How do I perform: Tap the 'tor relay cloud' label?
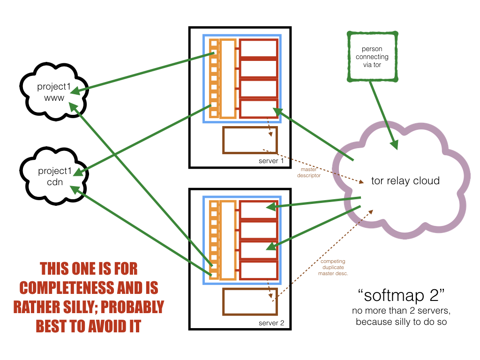point(405,180)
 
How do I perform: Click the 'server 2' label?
point(271,323)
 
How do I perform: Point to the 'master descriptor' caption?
point(309,173)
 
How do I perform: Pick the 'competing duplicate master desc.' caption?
point(333,267)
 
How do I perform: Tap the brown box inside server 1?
point(250,140)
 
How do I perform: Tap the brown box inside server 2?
point(250,301)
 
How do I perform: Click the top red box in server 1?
point(258,49)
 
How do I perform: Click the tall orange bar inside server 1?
point(227,78)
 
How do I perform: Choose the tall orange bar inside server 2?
point(227,240)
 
